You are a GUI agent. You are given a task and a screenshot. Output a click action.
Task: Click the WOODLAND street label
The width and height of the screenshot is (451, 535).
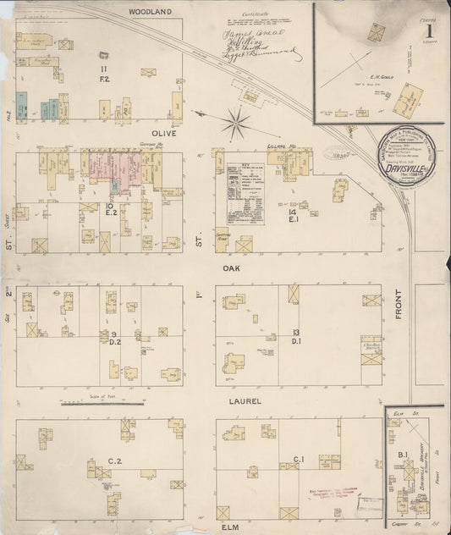click(x=151, y=11)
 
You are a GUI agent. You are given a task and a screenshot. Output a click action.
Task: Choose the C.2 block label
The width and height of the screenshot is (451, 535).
click(x=115, y=461)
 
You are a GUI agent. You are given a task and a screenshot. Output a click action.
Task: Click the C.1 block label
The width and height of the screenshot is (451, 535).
click(x=298, y=460)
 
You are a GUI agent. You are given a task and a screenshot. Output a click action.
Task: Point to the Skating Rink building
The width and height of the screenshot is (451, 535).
click(x=223, y=238)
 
